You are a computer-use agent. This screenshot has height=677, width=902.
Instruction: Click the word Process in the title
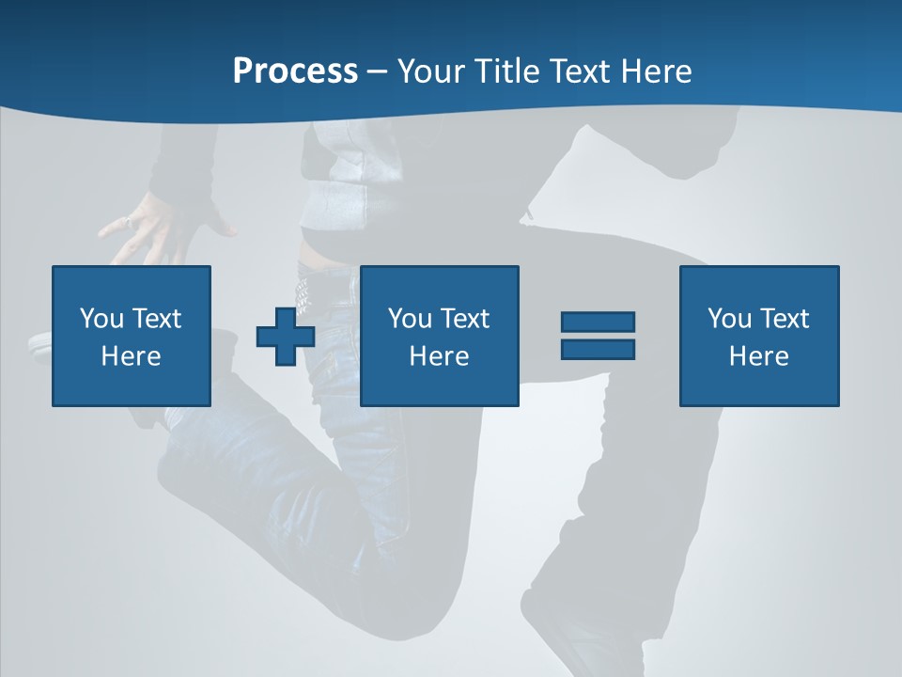295,71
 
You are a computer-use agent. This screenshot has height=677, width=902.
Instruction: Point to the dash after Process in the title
377,71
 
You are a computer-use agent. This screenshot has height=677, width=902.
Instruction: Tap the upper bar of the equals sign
598,322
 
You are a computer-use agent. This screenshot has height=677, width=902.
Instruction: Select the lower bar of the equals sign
598,349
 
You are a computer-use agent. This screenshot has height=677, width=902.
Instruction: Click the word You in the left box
101,319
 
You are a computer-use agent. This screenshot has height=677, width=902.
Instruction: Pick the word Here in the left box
131,356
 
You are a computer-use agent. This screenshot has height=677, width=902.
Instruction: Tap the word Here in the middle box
439,356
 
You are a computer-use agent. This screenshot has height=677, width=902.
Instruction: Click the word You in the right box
729,319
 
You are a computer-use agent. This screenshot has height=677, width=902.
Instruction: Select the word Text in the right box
785,319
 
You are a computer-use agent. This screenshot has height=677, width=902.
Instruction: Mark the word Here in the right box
758,356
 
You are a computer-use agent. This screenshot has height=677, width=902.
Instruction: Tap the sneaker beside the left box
39,344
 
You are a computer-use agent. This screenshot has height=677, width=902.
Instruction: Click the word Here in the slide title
659,71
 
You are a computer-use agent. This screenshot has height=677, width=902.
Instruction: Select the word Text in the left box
157,319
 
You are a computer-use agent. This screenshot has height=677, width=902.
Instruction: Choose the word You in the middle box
410,319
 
